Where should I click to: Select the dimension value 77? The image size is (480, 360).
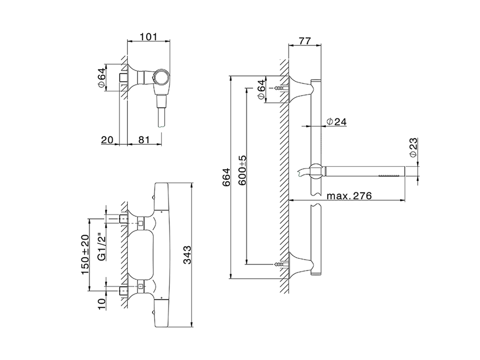point(304,40)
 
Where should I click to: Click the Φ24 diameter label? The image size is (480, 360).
point(336,121)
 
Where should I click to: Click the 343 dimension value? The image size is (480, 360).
point(187,255)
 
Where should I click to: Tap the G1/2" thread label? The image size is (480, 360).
point(100,247)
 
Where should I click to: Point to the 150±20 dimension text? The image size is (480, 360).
point(85,255)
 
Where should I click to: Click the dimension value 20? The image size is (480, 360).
point(107,140)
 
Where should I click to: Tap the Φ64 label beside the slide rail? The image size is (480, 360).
point(261,90)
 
